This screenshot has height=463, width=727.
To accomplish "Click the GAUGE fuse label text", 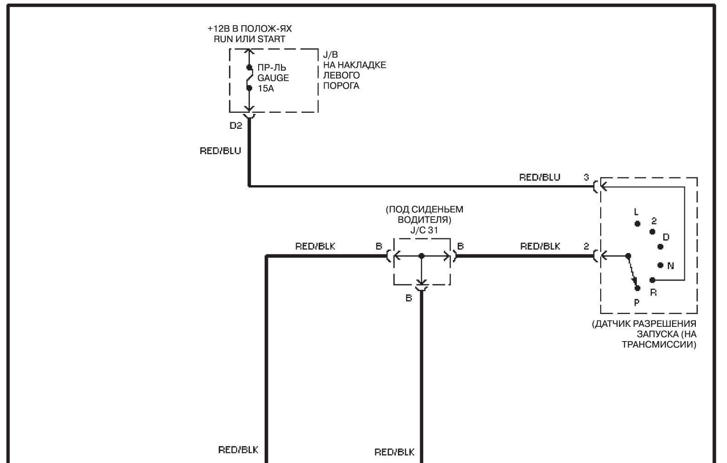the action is [273, 78].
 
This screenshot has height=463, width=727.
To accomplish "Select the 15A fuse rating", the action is [266, 88].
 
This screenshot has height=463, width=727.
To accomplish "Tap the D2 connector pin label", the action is [236, 126].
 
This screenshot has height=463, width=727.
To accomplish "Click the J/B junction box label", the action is [331, 55].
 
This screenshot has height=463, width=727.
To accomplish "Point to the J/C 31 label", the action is [424, 230].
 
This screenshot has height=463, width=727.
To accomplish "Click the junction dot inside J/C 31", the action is [421, 256].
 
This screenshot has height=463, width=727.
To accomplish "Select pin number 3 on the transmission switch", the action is [586, 177].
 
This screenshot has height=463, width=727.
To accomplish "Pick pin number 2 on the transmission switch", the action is [586, 246].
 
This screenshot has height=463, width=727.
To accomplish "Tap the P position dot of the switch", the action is [637, 288].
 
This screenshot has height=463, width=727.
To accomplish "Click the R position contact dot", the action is [652, 280].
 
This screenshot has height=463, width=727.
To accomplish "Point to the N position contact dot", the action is [660, 265].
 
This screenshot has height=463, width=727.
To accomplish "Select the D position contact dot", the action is [660, 247].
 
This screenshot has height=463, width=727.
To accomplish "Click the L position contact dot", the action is [637, 224].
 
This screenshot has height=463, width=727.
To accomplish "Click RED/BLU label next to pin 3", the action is [540, 177].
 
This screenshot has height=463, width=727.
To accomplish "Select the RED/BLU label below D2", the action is [220, 151].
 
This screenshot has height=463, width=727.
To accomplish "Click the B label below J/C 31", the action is [409, 298].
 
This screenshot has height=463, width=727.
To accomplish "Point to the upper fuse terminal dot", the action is [249, 67].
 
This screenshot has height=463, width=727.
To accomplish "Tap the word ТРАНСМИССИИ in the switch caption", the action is [659, 344].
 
